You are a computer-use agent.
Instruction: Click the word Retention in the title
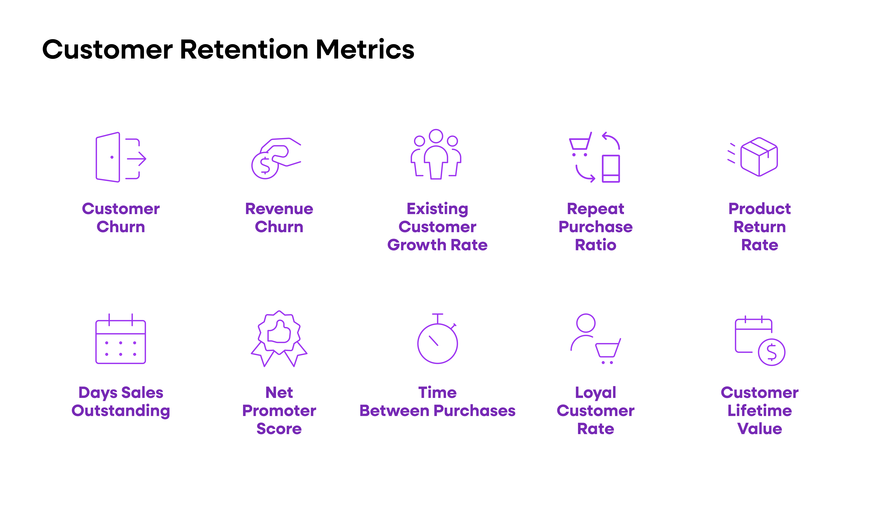point(244,49)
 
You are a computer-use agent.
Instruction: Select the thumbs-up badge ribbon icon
point(279,338)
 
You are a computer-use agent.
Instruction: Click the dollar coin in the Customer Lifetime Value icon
point(771,352)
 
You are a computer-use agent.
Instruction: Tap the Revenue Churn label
point(279,218)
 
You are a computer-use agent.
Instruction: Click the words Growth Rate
point(437,245)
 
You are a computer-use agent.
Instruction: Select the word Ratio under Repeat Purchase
point(595,245)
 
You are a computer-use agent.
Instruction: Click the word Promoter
point(279,411)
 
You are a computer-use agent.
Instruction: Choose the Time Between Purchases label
point(437,402)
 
